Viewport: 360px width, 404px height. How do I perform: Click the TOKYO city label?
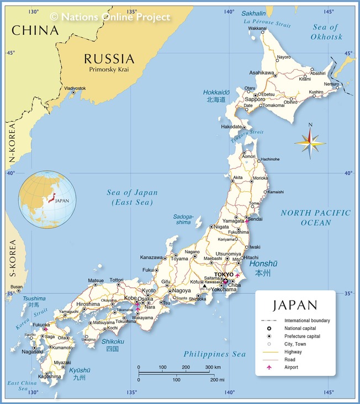(224, 275)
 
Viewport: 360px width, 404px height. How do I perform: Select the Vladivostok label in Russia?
(75, 88)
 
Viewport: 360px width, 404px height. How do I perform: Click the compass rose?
(310, 143)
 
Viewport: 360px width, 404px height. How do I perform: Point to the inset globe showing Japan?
(46, 200)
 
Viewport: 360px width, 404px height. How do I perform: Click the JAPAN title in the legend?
(295, 305)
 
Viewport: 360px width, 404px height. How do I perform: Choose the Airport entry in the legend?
(291, 367)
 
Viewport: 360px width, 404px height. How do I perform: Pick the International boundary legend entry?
(307, 321)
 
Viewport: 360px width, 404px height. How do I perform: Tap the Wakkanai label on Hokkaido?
(257, 28)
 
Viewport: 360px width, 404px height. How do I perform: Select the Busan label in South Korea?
(17, 287)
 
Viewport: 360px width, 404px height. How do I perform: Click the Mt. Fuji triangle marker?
(204, 286)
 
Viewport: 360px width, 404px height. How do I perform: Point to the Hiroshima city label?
(88, 304)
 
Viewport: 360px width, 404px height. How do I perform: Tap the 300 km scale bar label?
(213, 367)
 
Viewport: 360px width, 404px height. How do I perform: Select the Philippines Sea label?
(215, 354)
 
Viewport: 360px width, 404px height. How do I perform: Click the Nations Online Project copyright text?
(110, 17)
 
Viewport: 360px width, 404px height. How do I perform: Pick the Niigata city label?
(220, 227)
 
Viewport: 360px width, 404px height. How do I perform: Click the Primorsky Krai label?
(109, 70)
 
